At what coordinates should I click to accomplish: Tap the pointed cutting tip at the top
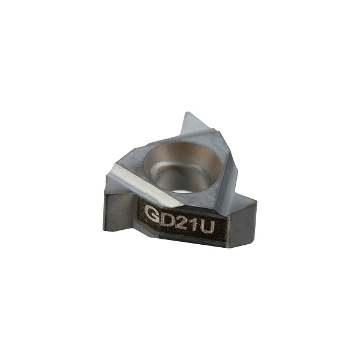click(x=187, y=113)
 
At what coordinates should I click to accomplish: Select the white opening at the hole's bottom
click(x=181, y=187)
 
